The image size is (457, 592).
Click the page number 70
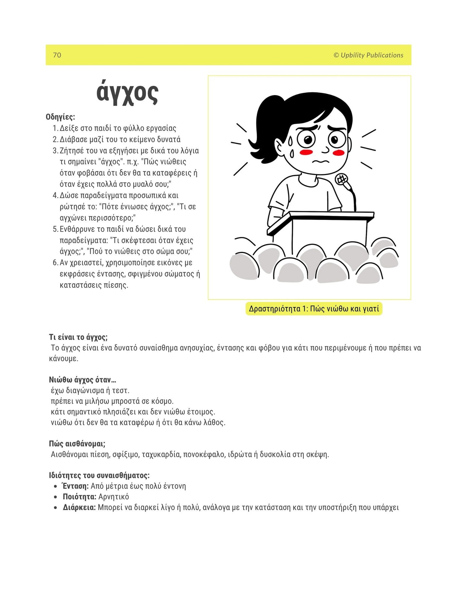57,55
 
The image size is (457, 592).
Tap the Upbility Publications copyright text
368,55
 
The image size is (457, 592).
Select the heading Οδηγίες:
60,117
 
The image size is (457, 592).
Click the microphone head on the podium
341,179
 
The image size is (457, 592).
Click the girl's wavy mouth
320,162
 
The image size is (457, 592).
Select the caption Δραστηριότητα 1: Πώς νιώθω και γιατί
314,309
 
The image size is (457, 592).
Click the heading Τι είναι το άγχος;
78,337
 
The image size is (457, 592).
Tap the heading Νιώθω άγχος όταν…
82,380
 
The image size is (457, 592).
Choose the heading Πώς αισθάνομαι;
77,444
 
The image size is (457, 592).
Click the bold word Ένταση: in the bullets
75,486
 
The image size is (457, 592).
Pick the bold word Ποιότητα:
79,497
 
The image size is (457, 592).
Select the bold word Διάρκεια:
79,507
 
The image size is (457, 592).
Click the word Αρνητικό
113,497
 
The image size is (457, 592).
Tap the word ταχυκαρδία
161,455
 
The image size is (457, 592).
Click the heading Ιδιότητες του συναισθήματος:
99,475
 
